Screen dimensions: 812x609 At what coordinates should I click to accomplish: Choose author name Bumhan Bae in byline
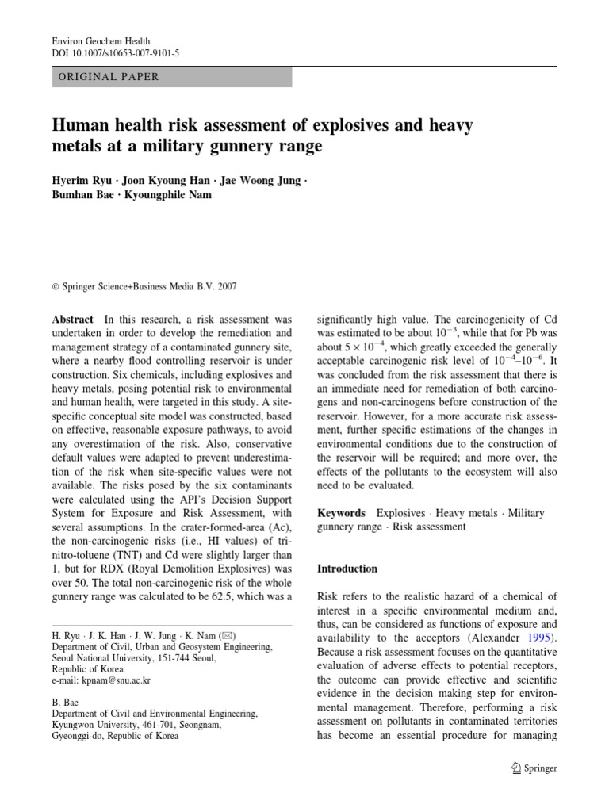pyautogui.click(x=78, y=195)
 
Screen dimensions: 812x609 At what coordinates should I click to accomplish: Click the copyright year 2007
pyautogui.click(x=226, y=287)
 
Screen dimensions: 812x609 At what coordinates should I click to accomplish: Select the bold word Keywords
pyautogui.click(x=341, y=513)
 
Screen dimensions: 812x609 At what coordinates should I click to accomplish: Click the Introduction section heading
pyautogui.click(x=347, y=569)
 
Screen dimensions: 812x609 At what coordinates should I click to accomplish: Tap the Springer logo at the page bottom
pyautogui.click(x=535, y=768)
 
